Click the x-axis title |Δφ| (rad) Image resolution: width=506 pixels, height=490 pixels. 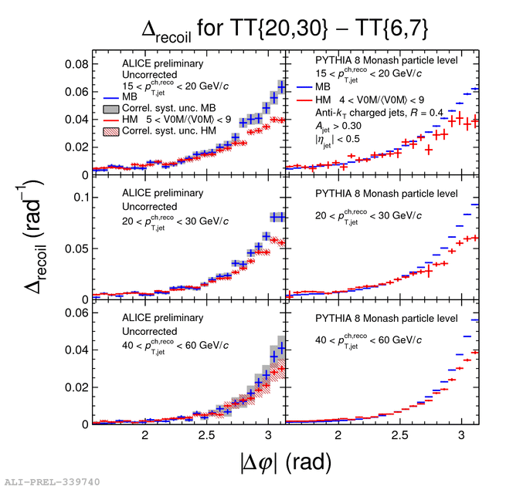coord(285,461)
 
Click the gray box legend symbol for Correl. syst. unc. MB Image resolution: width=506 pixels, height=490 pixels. coord(111,109)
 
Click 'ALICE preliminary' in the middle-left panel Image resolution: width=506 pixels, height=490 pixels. coord(163,193)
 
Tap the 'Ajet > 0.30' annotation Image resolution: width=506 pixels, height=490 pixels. coord(328,127)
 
